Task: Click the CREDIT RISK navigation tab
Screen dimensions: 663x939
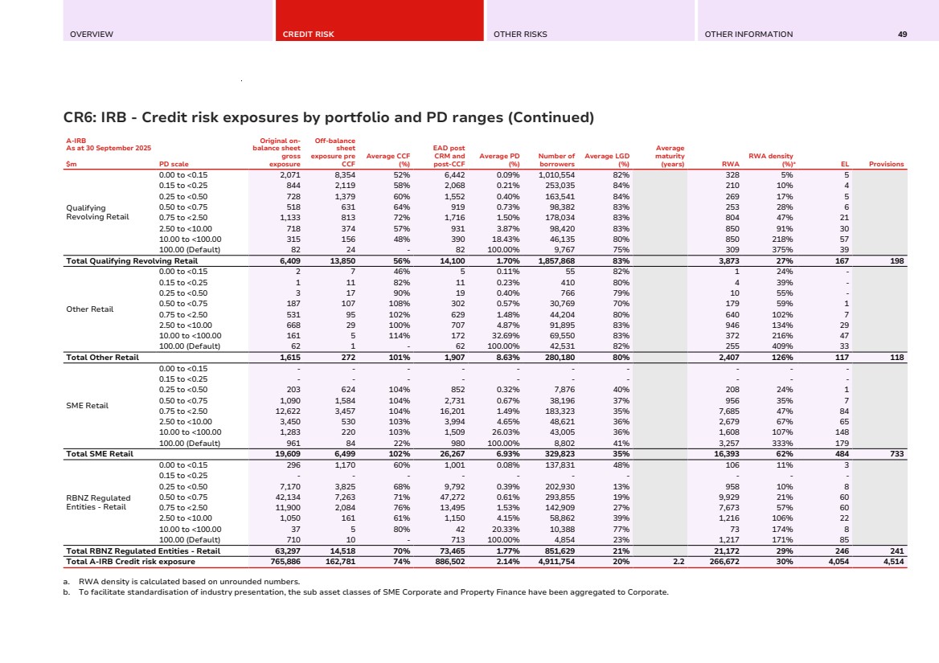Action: click(308, 35)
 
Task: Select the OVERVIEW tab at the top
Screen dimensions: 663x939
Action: click(92, 35)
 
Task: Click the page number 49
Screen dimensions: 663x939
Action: click(903, 35)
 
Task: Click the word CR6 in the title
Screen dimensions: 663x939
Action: click(80, 118)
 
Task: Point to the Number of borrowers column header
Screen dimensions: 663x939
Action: click(556, 160)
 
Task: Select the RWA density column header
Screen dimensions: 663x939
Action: click(771, 160)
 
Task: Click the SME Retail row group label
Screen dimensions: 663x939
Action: click(87, 406)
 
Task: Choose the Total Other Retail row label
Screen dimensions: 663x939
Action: click(103, 357)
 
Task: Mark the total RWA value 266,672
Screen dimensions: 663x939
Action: click(723, 562)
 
